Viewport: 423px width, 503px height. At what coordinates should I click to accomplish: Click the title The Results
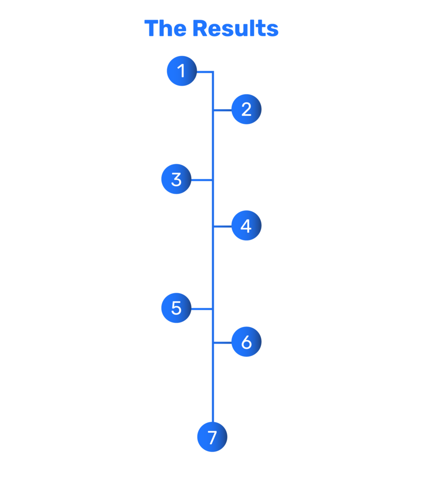tap(211, 29)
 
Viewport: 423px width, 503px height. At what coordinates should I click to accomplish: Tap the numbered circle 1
tap(182, 71)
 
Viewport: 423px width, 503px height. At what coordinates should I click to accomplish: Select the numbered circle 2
tap(246, 109)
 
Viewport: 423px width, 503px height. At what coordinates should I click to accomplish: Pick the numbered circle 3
tap(176, 180)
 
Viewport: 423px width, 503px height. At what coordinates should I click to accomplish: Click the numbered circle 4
tap(246, 226)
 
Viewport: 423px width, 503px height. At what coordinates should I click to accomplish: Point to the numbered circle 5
tap(176, 308)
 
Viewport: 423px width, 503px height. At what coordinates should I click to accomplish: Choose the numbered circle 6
tap(246, 342)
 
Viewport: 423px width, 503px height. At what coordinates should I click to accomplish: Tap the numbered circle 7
tap(212, 437)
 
